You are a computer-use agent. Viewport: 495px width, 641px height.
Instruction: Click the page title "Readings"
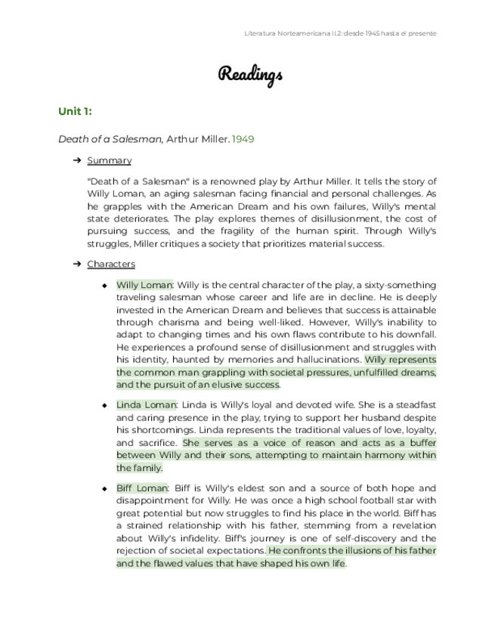(x=250, y=74)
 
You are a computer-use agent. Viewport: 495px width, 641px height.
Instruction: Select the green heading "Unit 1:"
(x=75, y=112)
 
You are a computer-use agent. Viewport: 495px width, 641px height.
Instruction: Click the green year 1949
(x=244, y=139)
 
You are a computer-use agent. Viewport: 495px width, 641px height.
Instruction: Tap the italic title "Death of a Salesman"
(x=110, y=139)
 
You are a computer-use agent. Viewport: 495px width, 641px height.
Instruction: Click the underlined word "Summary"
(x=109, y=160)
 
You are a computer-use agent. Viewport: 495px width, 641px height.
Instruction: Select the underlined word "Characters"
(x=111, y=264)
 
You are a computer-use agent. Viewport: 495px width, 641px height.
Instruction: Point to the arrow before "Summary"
(x=77, y=160)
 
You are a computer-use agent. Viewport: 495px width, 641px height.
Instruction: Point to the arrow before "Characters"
(x=77, y=264)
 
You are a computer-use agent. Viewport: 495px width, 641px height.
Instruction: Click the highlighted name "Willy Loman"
(x=144, y=285)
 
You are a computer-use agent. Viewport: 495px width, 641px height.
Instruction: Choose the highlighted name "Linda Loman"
(x=146, y=405)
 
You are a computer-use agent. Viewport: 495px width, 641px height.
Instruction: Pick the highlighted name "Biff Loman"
(x=142, y=488)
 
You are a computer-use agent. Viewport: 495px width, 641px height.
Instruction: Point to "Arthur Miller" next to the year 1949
(x=197, y=139)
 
